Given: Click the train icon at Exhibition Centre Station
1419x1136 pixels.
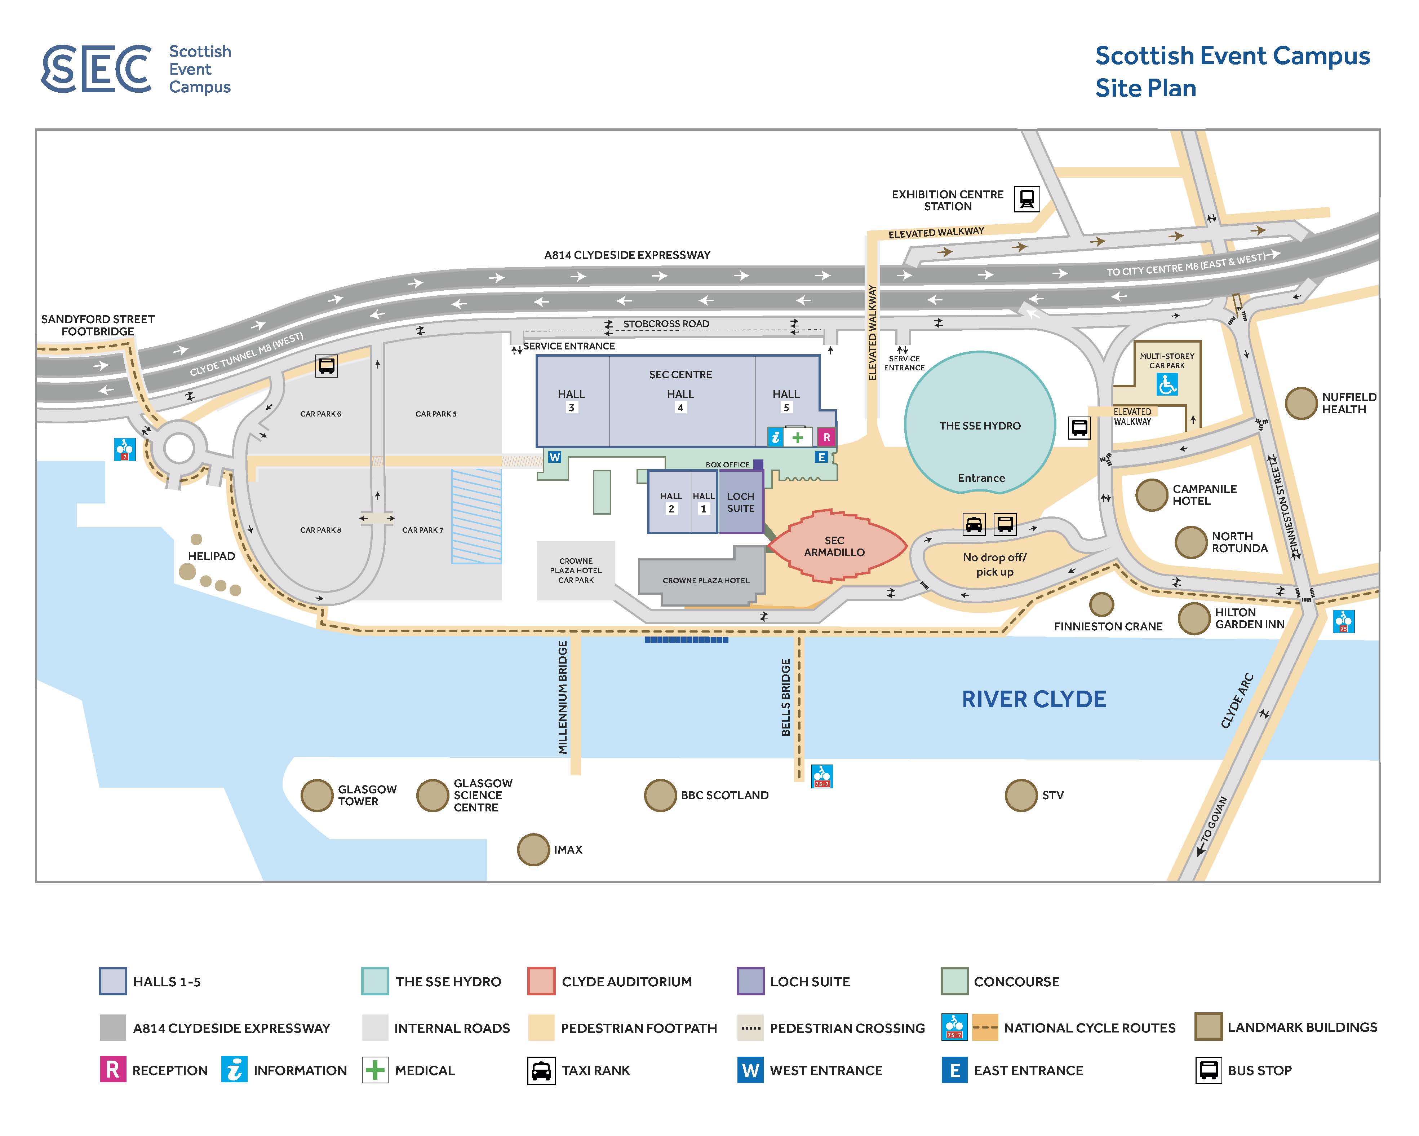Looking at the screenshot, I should click(x=1026, y=198).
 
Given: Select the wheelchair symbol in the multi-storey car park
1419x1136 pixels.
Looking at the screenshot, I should click(x=1167, y=384).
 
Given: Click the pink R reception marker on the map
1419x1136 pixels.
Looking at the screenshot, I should click(x=827, y=437).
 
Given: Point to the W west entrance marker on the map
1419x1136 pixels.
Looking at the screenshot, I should click(x=555, y=457).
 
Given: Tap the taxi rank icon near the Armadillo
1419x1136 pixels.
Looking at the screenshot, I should click(x=974, y=524).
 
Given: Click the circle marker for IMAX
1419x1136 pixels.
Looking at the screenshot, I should click(x=533, y=850).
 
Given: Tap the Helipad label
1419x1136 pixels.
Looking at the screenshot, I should click(x=211, y=556).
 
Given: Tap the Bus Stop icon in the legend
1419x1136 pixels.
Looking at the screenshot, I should click(x=1209, y=1070).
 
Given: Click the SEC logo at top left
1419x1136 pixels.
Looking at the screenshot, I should click(x=97, y=69).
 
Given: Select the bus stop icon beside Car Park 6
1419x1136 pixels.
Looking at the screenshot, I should click(x=327, y=365).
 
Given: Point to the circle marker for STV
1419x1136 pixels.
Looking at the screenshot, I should click(x=1021, y=796).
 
